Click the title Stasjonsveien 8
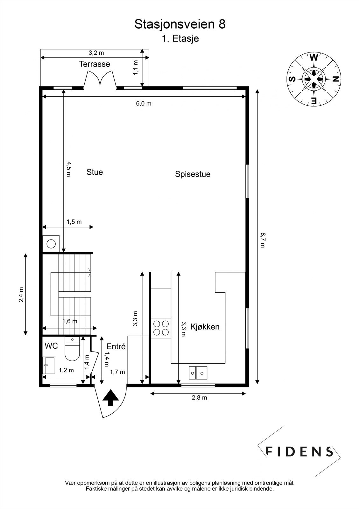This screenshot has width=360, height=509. (x=180, y=24)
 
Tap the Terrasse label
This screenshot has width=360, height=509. (x=95, y=64)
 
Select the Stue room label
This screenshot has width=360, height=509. (x=95, y=172)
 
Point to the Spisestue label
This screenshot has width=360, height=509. (x=193, y=174)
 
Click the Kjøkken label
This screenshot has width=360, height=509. (x=205, y=326)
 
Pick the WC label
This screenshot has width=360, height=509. (x=51, y=346)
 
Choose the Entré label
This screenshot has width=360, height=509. (x=116, y=346)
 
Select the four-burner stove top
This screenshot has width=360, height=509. (x=161, y=328)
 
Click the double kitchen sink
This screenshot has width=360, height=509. (x=198, y=373)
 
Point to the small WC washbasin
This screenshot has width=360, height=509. (x=49, y=365)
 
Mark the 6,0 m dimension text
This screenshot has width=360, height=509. (x=144, y=103)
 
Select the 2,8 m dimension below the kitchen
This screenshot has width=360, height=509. (x=199, y=397)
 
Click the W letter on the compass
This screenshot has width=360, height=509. (x=314, y=58)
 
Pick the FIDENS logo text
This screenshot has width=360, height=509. (x=299, y=451)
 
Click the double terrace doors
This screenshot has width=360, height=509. (x=100, y=79)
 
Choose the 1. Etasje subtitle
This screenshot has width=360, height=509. (x=180, y=38)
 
